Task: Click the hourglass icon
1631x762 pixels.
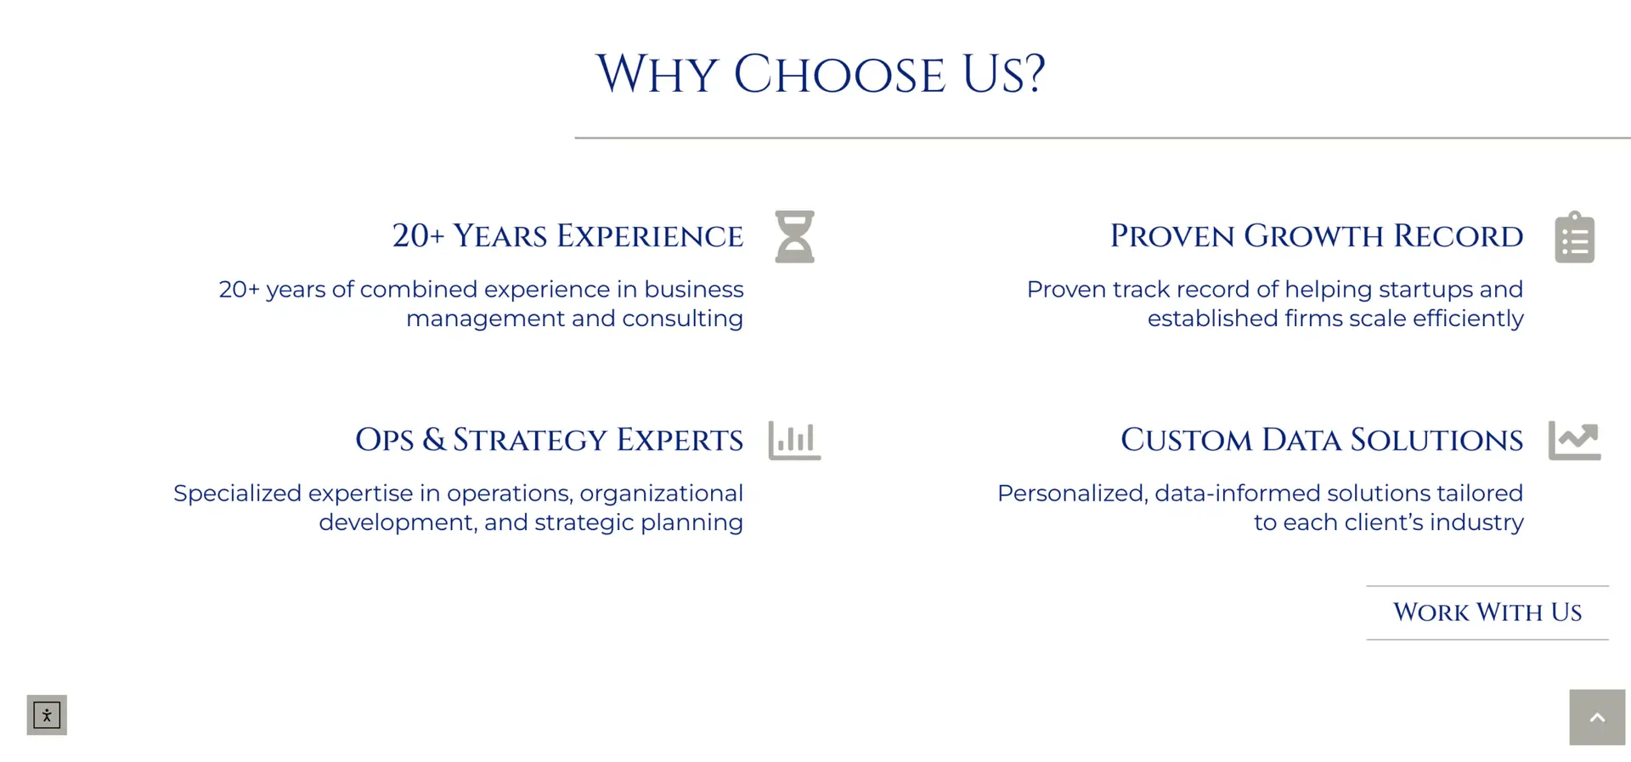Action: [794, 236]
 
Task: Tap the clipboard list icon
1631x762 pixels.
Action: [1574, 237]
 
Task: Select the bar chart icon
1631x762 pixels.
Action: [794, 440]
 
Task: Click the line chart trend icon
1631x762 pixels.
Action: [1574, 440]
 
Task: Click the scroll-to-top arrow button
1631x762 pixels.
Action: [1597, 717]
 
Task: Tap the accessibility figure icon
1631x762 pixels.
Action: [47, 715]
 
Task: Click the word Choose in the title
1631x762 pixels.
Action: [839, 75]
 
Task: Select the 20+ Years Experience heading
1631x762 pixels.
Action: [567, 236]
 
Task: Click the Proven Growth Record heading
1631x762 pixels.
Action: [1317, 236]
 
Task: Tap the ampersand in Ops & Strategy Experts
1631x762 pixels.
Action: [433, 439]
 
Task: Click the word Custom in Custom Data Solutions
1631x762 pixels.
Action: [1186, 440]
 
